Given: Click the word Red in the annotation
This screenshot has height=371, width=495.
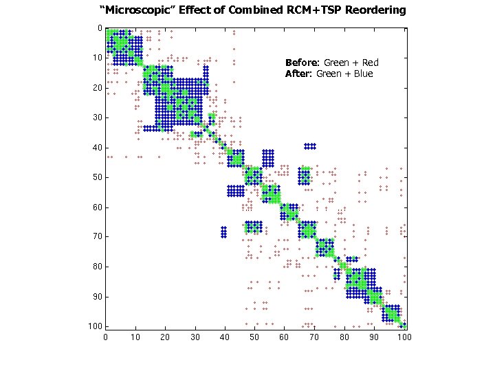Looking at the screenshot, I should (x=370, y=63).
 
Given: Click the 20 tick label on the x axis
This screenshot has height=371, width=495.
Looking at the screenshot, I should (x=165, y=337).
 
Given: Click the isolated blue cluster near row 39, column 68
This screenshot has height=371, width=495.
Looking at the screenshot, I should (x=310, y=146).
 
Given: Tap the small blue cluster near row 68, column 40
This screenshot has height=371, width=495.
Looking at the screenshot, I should (x=223, y=232).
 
